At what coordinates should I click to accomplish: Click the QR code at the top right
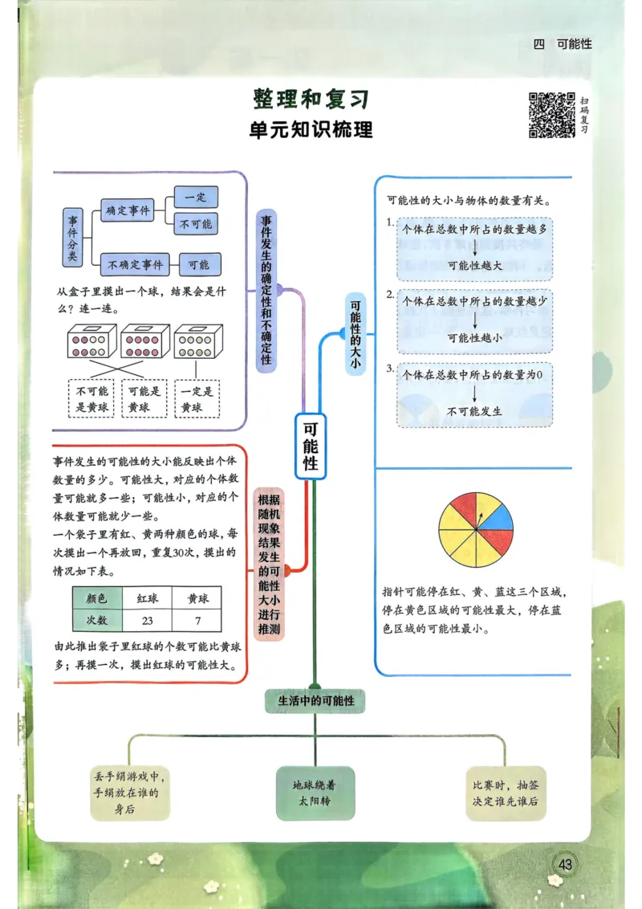click(551, 115)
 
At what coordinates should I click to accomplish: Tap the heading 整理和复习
click(311, 99)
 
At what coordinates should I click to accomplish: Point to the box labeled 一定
click(196, 198)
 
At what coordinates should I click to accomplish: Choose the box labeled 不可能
click(196, 224)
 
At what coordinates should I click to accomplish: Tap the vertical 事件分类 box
click(73, 238)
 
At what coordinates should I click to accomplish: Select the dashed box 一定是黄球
click(197, 399)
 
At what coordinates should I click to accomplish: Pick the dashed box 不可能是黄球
click(91, 399)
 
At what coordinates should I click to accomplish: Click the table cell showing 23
click(147, 621)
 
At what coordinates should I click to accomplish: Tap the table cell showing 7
click(197, 621)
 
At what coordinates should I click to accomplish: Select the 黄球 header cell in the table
click(197, 598)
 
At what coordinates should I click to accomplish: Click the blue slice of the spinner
click(496, 519)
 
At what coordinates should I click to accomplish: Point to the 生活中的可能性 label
click(316, 701)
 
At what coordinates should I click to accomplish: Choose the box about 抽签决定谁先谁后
click(506, 793)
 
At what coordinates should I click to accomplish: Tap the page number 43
click(566, 864)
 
